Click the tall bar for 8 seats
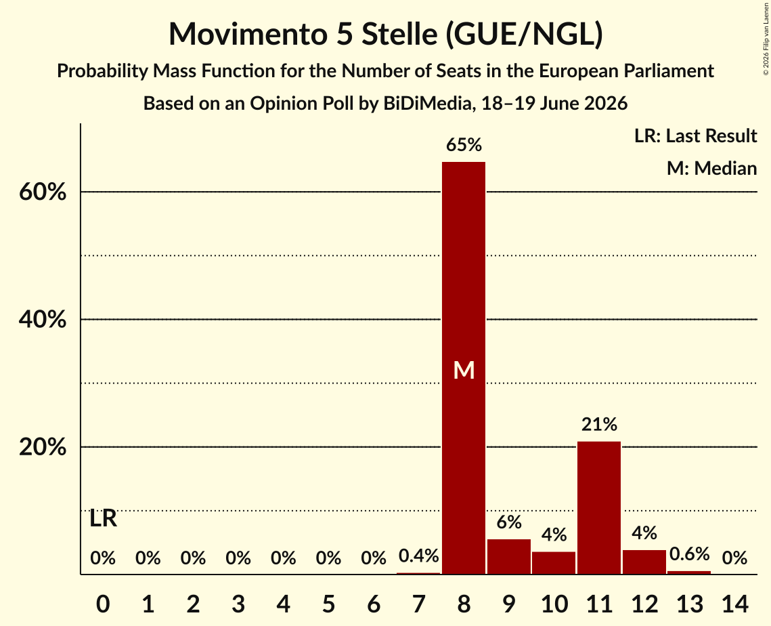click(x=464, y=368)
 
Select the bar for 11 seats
click(x=599, y=508)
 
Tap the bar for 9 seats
click(x=509, y=557)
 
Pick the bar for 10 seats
click(x=554, y=563)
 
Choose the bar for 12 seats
click(x=644, y=562)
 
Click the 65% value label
click(x=464, y=145)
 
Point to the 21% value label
click(x=599, y=424)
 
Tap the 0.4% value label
click(x=418, y=556)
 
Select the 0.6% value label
click(x=689, y=554)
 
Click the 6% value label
click(x=509, y=522)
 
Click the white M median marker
click(x=464, y=370)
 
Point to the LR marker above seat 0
click(x=104, y=518)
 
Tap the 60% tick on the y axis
click(x=43, y=192)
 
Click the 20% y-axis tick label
click(x=43, y=447)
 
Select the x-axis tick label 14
click(x=734, y=604)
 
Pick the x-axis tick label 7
click(x=418, y=604)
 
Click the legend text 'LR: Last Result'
click(x=695, y=135)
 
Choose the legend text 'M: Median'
click(x=711, y=168)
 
